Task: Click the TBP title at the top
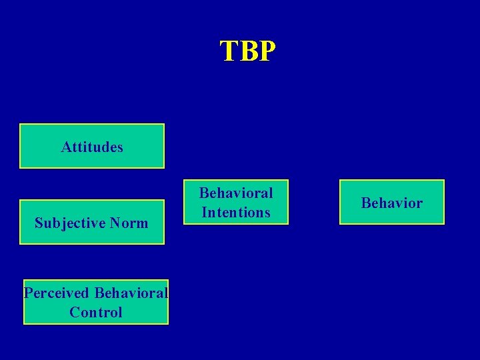point(247,51)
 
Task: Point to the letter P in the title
point(266,51)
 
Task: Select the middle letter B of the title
point(247,51)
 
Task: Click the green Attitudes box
point(92,146)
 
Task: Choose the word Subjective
point(68,223)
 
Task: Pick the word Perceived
point(57,293)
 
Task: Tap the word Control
point(96,312)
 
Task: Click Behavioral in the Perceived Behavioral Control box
point(132,293)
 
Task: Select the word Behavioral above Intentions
point(236,193)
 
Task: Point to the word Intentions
point(236,213)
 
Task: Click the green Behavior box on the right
point(392,202)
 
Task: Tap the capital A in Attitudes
point(65,147)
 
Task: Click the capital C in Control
point(73,312)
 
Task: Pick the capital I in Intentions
point(204,213)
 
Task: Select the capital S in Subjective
point(38,223)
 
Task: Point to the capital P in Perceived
point(27,293)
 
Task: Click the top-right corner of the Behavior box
point(443,181)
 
